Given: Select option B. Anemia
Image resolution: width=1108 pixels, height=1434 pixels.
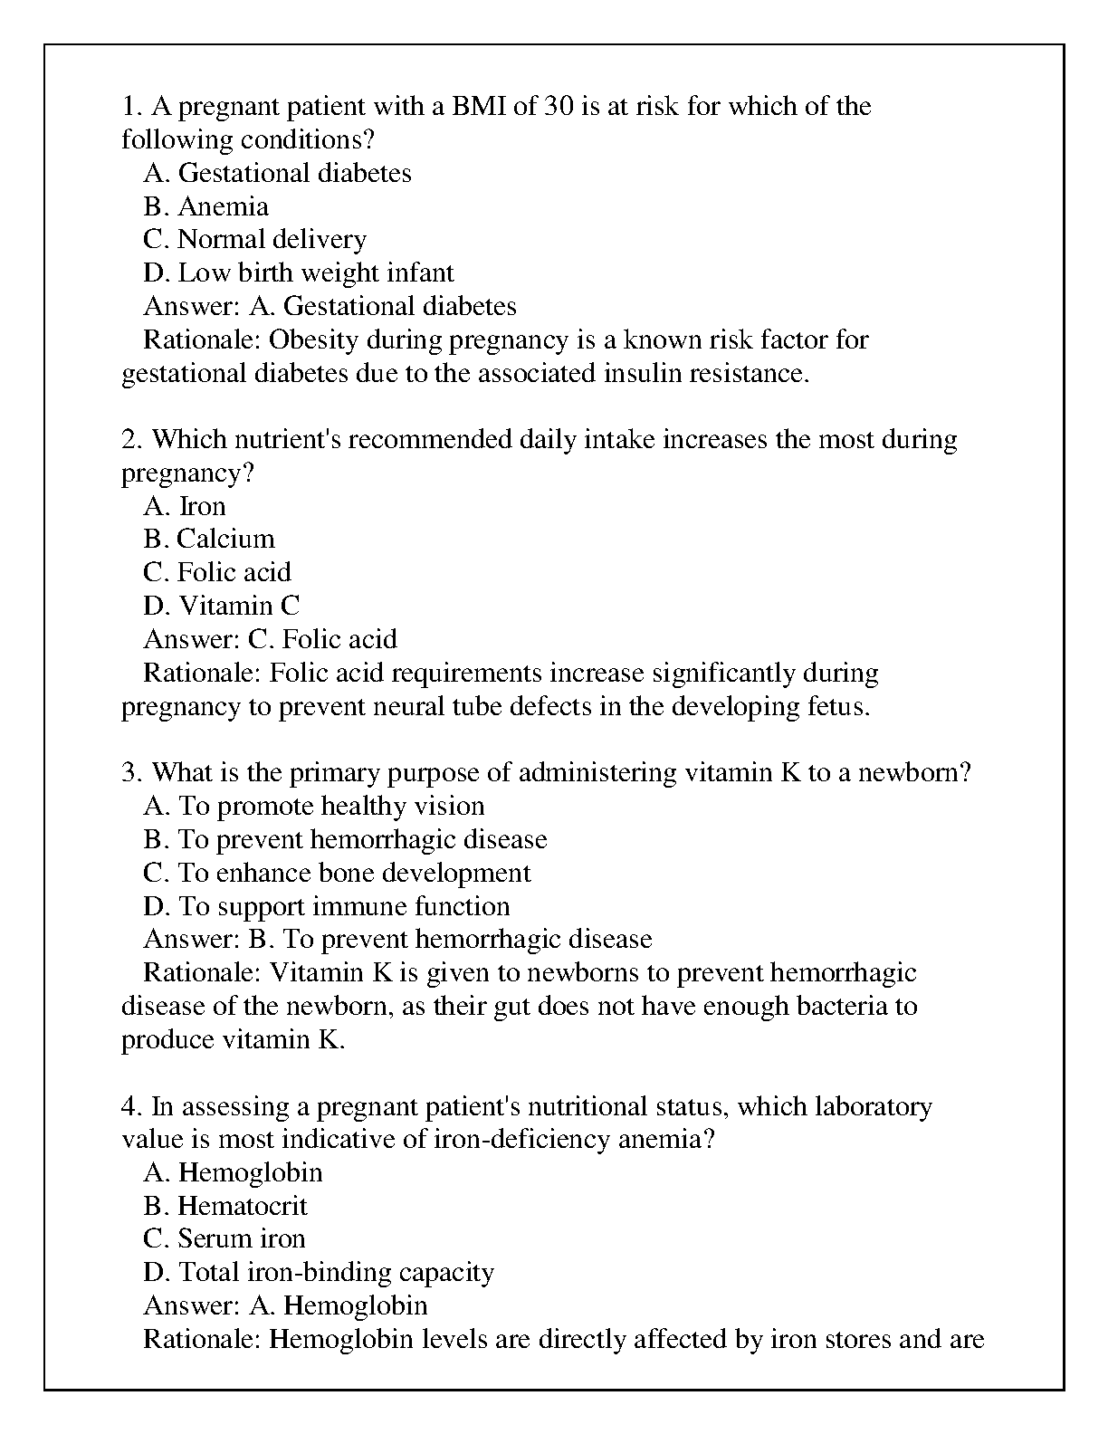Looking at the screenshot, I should coord(205,206).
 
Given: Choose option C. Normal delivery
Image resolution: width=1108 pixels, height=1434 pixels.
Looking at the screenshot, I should coord(254,240).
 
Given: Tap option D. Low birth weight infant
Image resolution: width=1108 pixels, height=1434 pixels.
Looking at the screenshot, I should coord(298,273).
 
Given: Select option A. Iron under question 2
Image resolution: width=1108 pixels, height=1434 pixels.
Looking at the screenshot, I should coord(184,506).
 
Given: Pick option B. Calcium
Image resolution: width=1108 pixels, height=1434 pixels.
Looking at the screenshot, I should coord(208,540).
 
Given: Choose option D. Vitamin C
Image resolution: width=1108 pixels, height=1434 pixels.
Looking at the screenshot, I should coord(221,606).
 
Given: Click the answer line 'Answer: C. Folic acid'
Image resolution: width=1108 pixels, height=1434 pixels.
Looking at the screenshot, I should coord(270,639).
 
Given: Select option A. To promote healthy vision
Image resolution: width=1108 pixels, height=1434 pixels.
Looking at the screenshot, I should coord(313,806).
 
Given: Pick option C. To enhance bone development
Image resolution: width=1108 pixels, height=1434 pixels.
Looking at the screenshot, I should coord(337,873).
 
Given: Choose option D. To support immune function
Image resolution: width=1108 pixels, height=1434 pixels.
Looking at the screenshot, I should coord(326,906).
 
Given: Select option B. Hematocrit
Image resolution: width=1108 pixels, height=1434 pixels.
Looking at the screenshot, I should coord(224,1206).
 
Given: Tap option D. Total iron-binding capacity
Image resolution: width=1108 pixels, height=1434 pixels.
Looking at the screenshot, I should coord(318,1273).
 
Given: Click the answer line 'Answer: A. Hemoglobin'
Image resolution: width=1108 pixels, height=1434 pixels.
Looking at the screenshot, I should coord(285,1305).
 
